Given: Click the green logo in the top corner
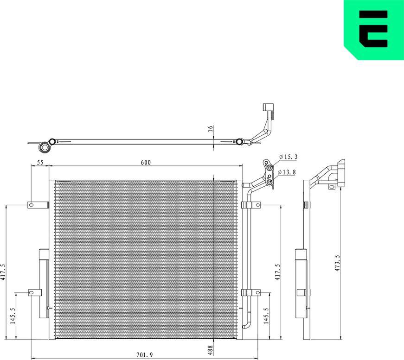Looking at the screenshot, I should [373, 30].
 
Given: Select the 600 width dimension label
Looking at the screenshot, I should [145, 162].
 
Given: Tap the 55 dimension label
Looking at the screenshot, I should [40, 162].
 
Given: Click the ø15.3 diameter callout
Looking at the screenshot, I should [288, 158].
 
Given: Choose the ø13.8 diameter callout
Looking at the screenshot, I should [287, 172].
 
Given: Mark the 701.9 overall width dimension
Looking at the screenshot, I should [145, 355].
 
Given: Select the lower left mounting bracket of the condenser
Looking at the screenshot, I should [35, 292].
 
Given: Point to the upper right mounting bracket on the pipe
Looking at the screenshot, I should [250, 205].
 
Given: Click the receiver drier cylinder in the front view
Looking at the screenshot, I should [44, 284].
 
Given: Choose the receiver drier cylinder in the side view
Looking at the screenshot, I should [301, 284].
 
